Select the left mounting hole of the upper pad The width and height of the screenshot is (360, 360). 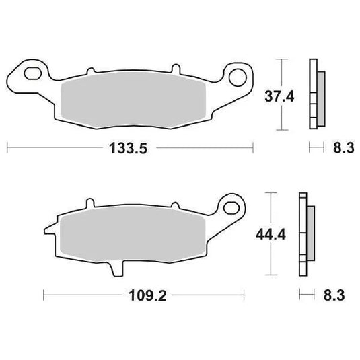pyautogui.click(x=31, y=72)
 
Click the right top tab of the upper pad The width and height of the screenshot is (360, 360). pyautogui.click(x=174, y=69)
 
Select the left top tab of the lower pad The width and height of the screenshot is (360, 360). pyautogui.click(x=87, y=204)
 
